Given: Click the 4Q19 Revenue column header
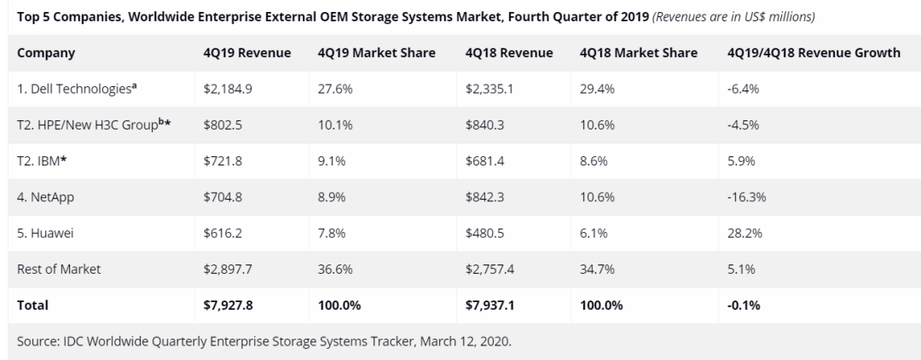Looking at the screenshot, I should click(x=247, y=53).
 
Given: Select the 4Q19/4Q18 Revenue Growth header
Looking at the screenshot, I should click(x=814, y=53).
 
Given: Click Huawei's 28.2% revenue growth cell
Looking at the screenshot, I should click(x=744, y=232).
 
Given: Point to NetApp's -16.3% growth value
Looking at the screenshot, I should click(x=746, y=196).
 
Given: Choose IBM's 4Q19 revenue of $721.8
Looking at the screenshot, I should click(x=223, y=160).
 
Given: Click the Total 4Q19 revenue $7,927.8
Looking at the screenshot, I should click(x=229, y=305).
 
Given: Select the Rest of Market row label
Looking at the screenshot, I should click(x=59, y=269).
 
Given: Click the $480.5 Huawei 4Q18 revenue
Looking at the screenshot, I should click(x=486, y=232).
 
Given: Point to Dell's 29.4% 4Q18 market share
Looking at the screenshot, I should click(x=596, y=88).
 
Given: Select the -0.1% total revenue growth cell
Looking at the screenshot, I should click(x=744, y=305).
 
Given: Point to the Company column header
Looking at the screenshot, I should click(x=46, y=53).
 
